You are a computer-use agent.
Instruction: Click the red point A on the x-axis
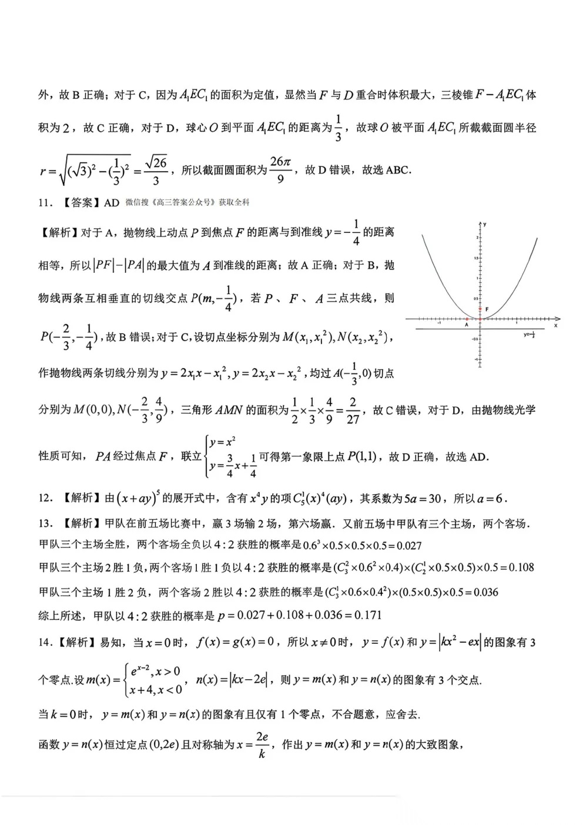[467, 319]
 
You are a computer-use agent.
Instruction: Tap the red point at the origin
[481, 319]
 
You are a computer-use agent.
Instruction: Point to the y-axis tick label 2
[477, 237]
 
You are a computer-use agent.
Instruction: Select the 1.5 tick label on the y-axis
[475, 258]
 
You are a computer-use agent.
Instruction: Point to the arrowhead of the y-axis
[481, 223]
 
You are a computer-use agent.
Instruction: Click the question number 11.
[44, 203]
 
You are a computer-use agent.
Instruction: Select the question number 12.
[44, 499]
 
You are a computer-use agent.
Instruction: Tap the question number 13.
[44, 523]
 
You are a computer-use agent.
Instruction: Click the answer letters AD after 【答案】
[112, 203]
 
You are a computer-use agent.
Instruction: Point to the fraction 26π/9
[280, 169]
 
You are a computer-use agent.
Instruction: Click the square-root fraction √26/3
[156, 171]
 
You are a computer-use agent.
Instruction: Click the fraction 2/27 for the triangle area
[353, 410]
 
